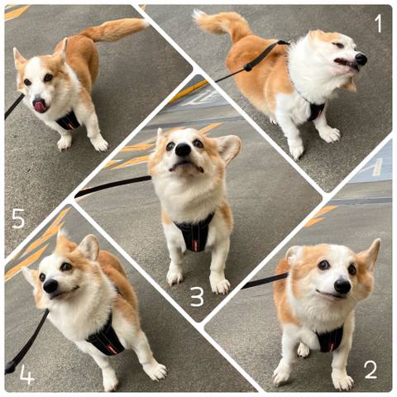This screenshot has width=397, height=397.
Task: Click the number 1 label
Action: click(x=378, y=23)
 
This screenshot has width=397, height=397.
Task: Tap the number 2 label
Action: click(x=371, y=370)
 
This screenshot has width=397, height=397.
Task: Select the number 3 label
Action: click(x=198, y=297)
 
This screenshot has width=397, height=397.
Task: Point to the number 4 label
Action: click(x=26, y=375)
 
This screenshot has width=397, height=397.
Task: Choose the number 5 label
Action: click(x=18, y=218)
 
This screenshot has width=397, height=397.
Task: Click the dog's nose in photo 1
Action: click(x=361, y=59)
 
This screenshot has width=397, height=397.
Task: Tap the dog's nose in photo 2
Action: click(x=342, y=286)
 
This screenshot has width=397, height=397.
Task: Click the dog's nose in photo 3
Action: click(x=183, y=150)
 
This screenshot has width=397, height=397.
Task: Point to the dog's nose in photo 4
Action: click(x=50, y=286)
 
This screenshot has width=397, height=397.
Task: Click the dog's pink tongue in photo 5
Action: click(x=41, y=106)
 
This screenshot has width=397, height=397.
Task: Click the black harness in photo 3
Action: click(x=194, y=232)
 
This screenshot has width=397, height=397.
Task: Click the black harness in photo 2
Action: click(x=330, y=339)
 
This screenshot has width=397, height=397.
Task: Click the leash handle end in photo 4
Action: click(x=11, y=366)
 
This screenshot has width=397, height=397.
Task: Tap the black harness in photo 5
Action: click(x=69, y=122)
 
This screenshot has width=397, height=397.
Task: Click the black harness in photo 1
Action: click(x=316, y=111)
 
